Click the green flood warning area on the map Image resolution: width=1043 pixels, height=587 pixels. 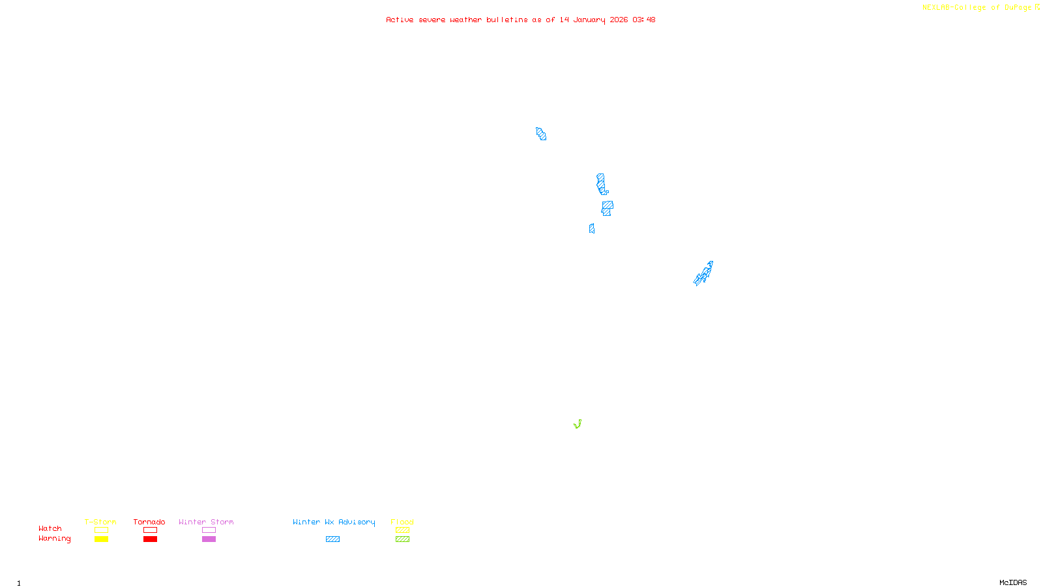(x=578, y=425)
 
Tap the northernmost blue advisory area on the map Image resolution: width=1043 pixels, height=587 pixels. (x=541, y=134)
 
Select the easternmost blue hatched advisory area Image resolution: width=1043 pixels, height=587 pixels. (x=704, y=273)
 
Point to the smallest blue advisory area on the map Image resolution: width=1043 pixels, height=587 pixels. (x=591, y=228)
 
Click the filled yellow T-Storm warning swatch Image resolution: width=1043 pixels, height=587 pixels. (x=101, y=539)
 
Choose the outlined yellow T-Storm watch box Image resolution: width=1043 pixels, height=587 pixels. (x=101, y=530)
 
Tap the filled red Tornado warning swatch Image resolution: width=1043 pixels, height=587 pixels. (x=150, y=539)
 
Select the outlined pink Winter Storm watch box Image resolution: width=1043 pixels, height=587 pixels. (x=209, y=530)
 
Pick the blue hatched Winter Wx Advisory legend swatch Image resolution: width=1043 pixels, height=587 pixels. (x=332, y=539)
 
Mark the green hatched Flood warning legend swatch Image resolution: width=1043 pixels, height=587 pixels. (x=402, y=539)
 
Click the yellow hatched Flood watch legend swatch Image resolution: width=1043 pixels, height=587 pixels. (x=402, y=530)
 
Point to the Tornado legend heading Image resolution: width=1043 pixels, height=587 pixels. (x=149, y=522)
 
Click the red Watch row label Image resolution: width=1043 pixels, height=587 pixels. (x=50, y=528)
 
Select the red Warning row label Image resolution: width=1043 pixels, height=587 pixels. (x=54, y=539)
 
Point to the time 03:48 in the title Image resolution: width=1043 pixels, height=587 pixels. (x=643, y=20)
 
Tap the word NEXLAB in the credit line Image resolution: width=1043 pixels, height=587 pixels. (x=935, y=8)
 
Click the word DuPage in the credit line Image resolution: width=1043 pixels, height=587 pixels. (x=1018, y=8)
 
